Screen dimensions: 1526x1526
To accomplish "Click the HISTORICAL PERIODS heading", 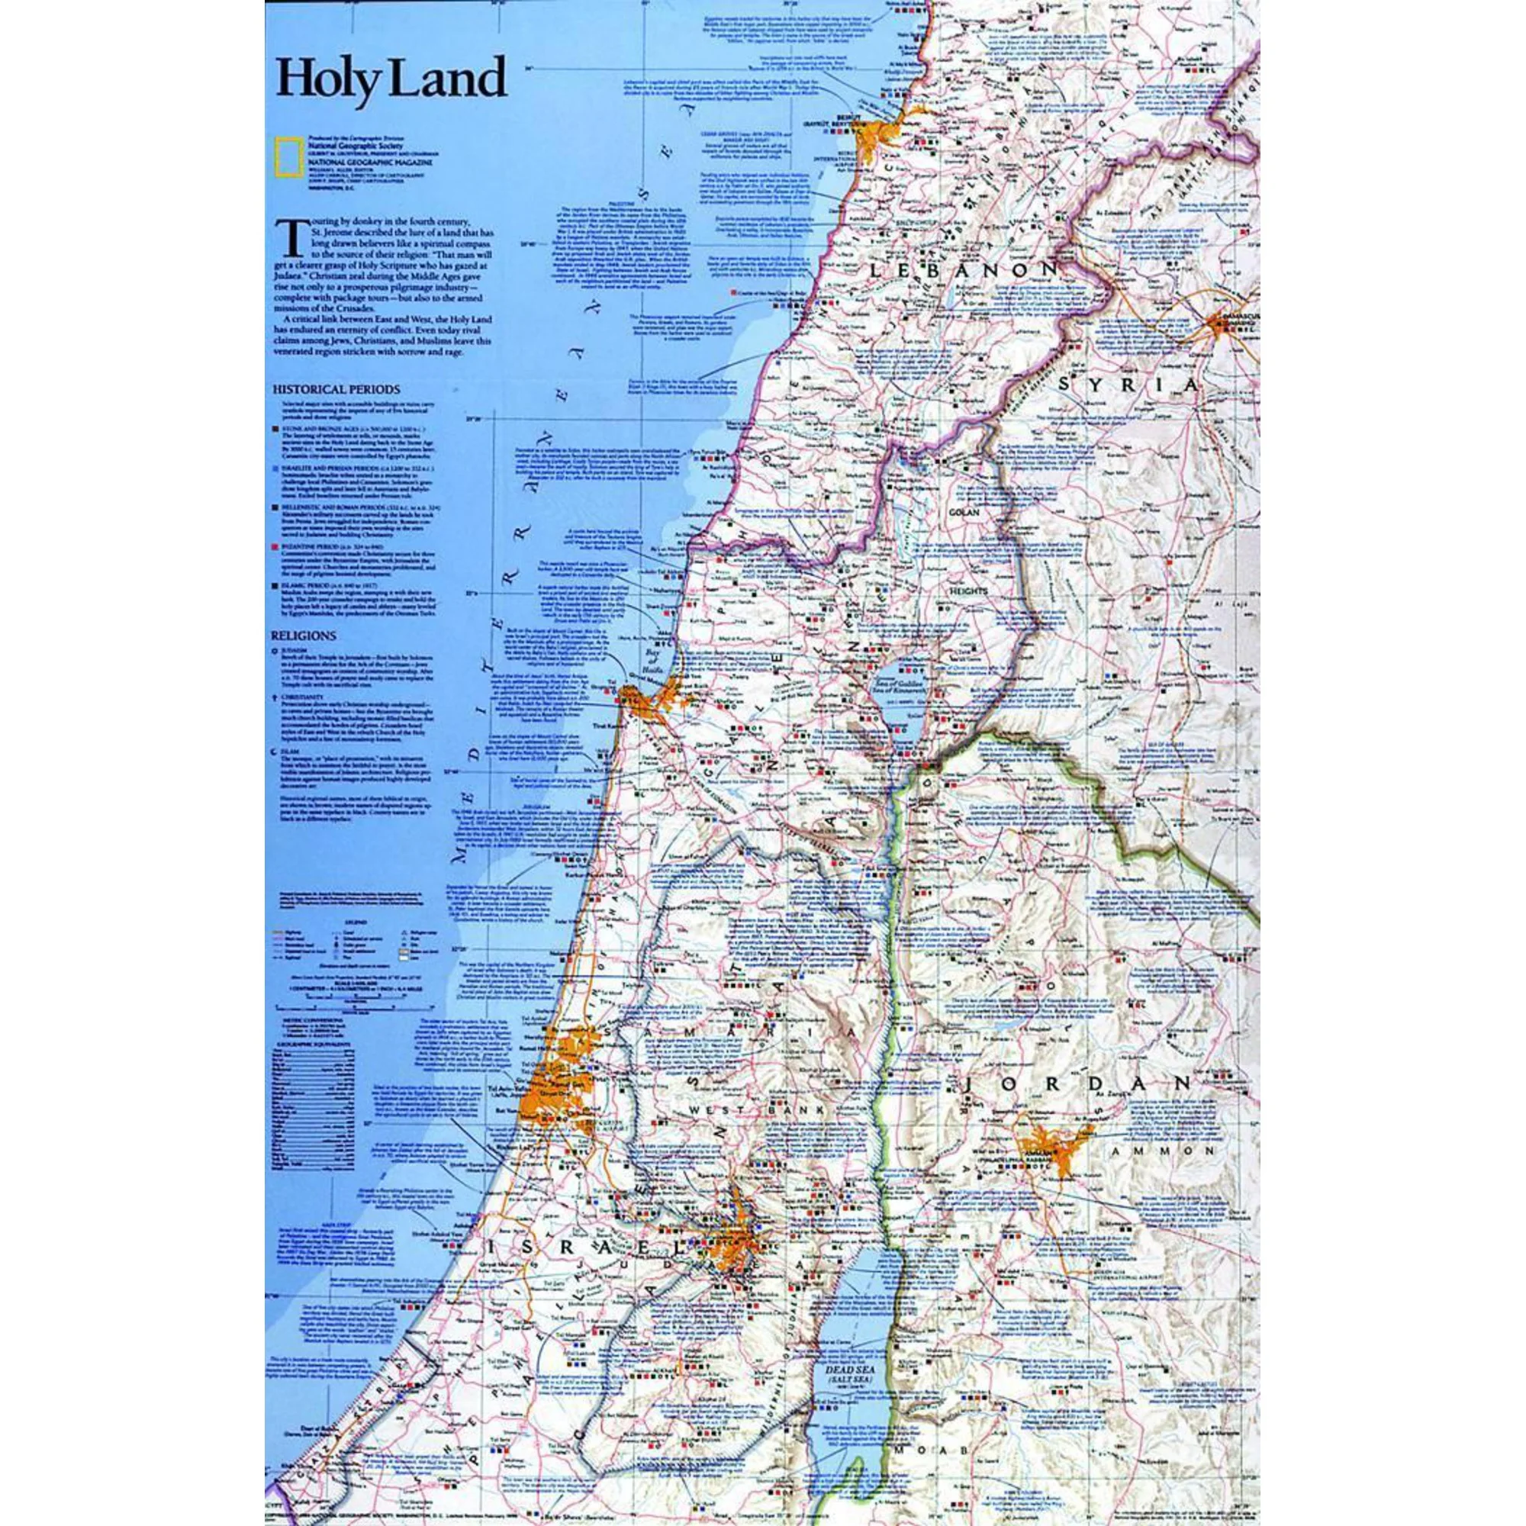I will coord(336,389).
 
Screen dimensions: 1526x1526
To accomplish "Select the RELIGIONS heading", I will coord(304,634).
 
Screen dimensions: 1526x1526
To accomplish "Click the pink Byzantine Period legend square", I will coord(275,546).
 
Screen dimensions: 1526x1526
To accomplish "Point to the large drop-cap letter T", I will coord(291,238).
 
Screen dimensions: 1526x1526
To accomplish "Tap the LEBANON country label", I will coord(963,271).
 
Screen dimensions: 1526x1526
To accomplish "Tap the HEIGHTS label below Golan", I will coord(967,588).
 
